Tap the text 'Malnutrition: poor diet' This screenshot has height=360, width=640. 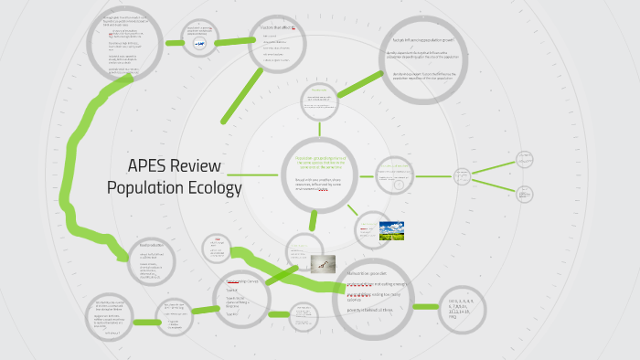368,273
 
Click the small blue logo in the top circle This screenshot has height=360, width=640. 200,42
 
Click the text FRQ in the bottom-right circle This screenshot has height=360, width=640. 453,316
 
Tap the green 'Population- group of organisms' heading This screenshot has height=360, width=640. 320,163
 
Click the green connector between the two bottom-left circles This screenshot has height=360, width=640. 146,321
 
